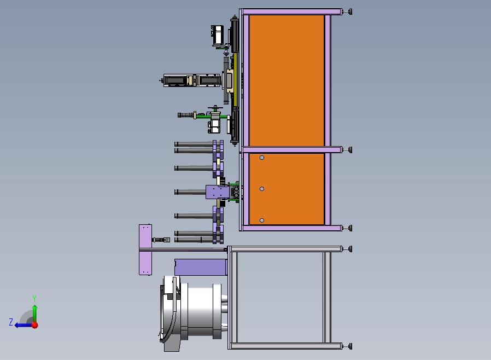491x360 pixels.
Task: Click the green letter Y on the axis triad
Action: click(34, 298)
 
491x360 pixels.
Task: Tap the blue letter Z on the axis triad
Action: click(11, 322)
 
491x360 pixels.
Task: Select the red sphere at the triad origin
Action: click(35, 325)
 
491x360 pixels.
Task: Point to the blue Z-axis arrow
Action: click(23, 326)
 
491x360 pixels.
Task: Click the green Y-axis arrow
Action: click(35, 313)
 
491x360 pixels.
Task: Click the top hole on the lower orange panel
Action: click(262, 158)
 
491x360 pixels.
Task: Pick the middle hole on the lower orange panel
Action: click(262, 189)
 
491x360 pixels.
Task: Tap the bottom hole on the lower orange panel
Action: click(262, 220)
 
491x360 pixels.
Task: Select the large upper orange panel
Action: click(287, 80)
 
